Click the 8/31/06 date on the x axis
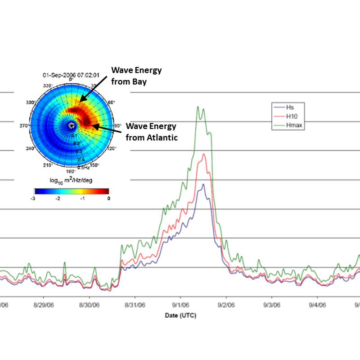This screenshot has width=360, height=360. (135, 304)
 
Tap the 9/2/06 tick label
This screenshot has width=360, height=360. (226, 304)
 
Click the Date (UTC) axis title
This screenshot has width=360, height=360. (180, 315)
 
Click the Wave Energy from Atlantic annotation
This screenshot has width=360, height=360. (151, 131)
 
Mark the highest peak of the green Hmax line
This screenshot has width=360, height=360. (198, 107)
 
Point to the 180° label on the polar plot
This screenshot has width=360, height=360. (70, 171)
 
